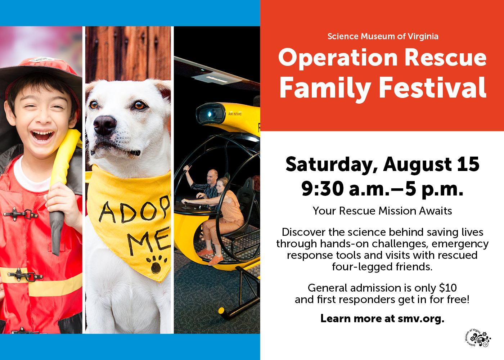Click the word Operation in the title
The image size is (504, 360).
(x=338, y=58)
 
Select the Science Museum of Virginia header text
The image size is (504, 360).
(x=383, y=36)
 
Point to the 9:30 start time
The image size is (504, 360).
(x=323, y=189)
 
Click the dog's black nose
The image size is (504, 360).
(x=105, y=125)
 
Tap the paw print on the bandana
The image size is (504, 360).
(x=156, y=264)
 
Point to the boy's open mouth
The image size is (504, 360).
(x=42, y=135)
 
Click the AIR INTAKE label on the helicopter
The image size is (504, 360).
(x=235, y=114)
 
